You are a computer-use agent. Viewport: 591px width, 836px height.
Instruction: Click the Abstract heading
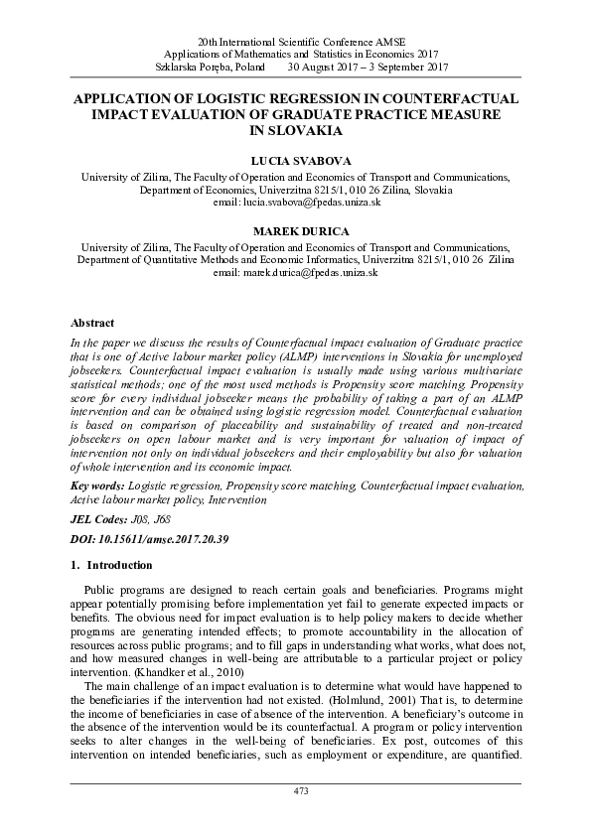[x=92, y=323]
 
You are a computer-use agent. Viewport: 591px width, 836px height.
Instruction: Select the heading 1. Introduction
[x=112, y=565]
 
